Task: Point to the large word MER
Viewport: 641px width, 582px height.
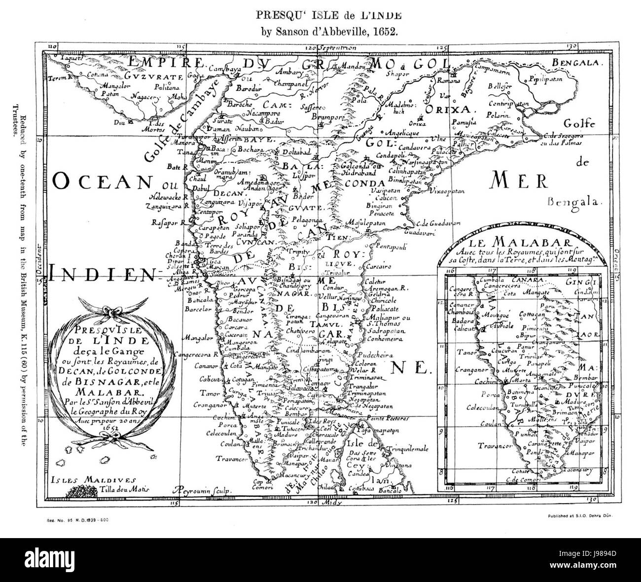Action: pyautogui.click(x=513, y=182)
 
